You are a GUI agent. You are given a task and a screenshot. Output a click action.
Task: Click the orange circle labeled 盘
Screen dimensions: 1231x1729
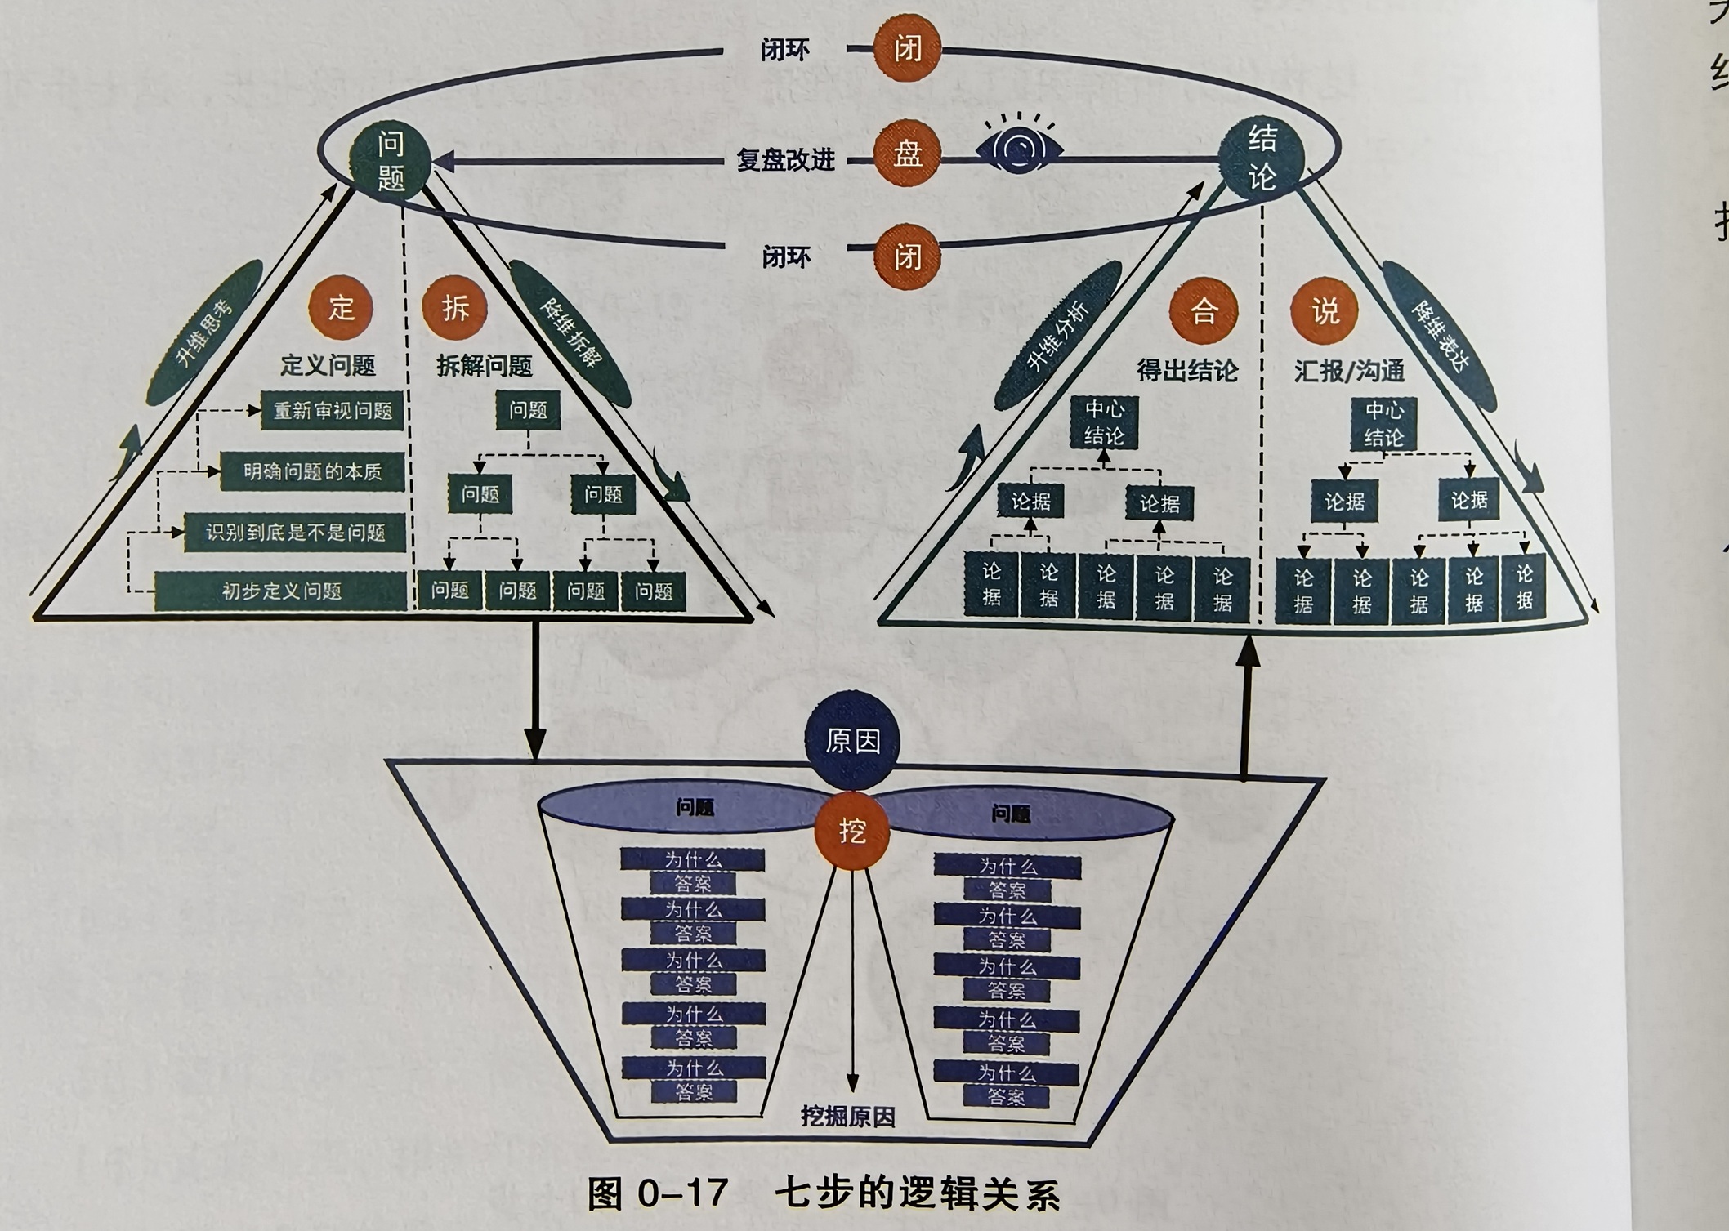tap(907, 153)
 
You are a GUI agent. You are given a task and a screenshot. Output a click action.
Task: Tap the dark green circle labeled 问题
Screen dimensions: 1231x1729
tap(391, 160)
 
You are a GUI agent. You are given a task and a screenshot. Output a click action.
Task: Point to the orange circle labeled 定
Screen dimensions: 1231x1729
tap(341, 308)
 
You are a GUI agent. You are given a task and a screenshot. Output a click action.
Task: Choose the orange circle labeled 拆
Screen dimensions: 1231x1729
tap(454, 308)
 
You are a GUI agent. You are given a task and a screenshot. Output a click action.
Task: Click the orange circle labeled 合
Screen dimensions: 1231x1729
tap(1203, 311)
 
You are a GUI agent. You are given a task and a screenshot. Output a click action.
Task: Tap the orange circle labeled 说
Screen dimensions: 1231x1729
tap(1325, 311)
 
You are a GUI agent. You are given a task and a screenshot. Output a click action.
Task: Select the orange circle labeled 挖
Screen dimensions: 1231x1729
tap(852, 832)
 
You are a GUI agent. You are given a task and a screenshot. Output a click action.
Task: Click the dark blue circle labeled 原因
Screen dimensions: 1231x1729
tap(852, 741)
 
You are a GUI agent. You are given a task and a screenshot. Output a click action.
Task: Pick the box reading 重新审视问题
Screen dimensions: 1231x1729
tap(333, 411)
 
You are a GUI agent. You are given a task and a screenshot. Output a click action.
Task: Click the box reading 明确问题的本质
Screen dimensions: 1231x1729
tap(313, 472)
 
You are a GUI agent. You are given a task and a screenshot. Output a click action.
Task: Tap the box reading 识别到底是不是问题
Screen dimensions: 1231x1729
tap(295, 533)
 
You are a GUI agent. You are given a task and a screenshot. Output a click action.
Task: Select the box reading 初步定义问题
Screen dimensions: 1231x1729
tap(281, 591)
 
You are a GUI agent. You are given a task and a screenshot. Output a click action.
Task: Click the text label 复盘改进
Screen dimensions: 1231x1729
tap(785, 159)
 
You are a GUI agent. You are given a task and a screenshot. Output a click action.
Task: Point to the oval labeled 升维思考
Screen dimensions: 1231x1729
tap(205, 332)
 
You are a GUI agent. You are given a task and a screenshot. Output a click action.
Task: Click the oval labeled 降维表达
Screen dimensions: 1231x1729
tap(1439, 336)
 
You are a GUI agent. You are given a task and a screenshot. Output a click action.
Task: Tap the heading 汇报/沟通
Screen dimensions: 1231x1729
tap(1349, 372)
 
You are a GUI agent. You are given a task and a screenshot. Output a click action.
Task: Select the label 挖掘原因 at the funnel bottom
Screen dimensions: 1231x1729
tap(847, 1117)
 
